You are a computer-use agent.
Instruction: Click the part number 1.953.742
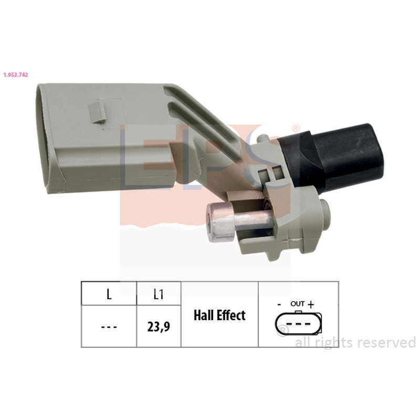[x=16, y=75]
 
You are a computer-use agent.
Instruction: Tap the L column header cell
[x=109, y=293]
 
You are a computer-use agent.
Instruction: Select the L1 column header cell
[x=159, y=293]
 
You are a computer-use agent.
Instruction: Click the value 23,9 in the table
[x=159, y=327]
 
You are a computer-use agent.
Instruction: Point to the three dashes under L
[x=109, y=327]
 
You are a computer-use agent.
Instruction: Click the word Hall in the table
[x=203, y=316]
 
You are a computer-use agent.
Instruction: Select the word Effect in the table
[x=231, y=316]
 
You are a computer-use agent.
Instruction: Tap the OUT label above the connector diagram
[x=297, y=304]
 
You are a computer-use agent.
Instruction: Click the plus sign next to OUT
[x=311, y=304]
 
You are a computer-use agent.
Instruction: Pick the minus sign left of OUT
[x=279, y=304]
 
